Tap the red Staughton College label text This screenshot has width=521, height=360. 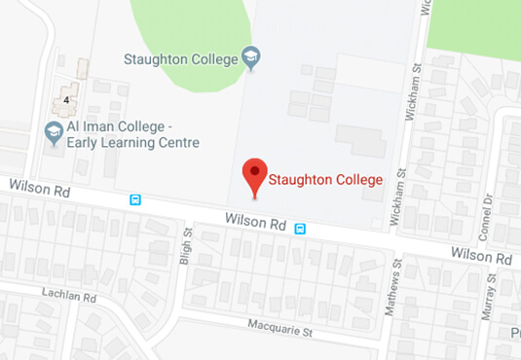click(x=324, y=180)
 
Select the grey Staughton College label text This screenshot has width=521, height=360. click(x=181, y=59)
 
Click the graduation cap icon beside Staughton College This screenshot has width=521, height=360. click(x=251, y=58)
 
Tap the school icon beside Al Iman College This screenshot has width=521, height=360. click(x=54, y=130)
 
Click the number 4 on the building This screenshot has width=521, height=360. click(x=66, y=98)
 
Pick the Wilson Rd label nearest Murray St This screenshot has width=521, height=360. click(x=481, y=258)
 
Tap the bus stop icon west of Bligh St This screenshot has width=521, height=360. click(x=135, y=200)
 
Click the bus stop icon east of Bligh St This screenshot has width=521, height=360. click(x=300, y=229)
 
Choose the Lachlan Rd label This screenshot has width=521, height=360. click(x=70, y=294)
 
